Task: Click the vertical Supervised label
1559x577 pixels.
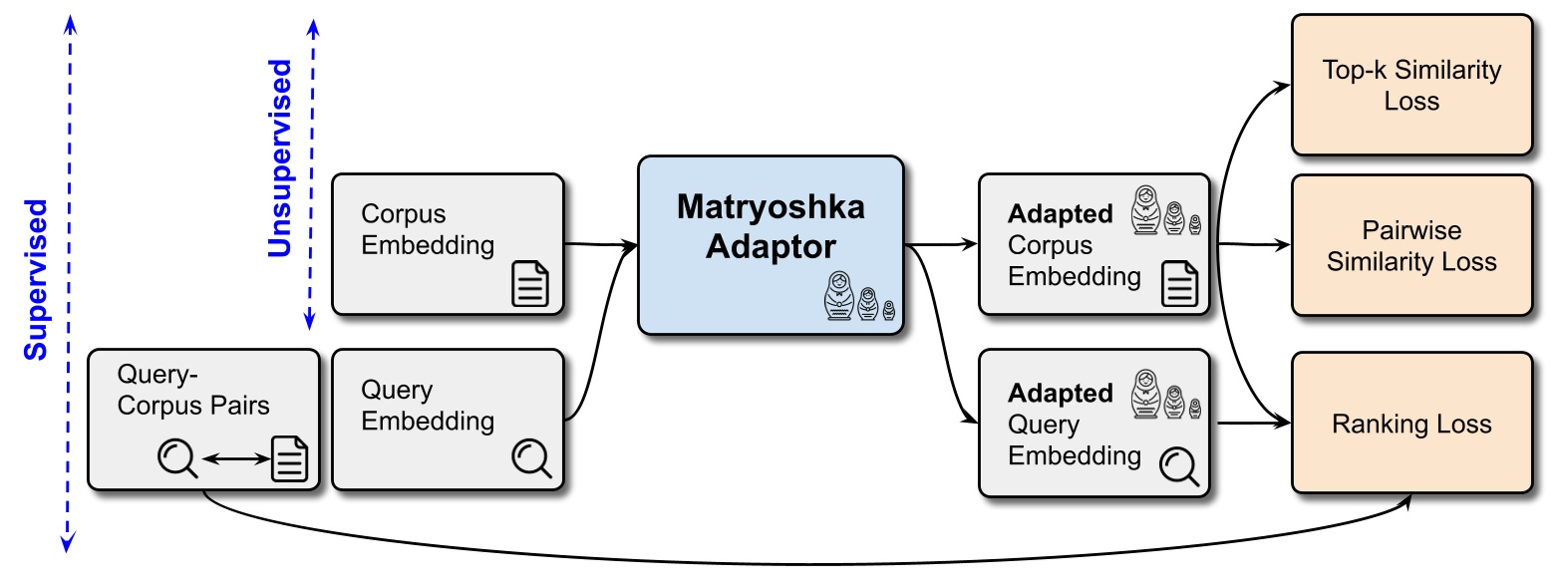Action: (x=37, y=280)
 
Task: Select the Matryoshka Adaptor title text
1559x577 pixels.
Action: (x=771, y=226)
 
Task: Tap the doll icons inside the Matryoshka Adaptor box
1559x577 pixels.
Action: (x=858, y=298)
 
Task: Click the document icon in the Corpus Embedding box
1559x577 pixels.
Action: (x=529, y=283)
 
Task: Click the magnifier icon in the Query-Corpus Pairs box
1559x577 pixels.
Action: (x=177, y=458)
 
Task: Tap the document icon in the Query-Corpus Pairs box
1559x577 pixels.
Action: (x=290, y=458)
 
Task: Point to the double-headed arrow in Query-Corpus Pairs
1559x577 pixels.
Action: (x=234, y=459)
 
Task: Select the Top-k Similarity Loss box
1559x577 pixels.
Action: (x=1410, y=86)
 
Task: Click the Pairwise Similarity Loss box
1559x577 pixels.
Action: (x=1410, y=246)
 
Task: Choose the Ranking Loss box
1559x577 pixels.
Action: (x=1410, y=424)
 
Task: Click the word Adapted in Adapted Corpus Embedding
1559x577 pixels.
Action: (x=1060, y=214)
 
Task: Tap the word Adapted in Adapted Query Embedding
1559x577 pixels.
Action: (x=1060, y=394)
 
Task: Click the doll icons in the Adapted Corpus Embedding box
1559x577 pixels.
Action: (x=1164, y=210)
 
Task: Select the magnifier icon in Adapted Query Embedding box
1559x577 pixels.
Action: (x=1178, y=465)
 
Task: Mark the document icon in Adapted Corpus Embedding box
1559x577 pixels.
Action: (x=1180, y=284)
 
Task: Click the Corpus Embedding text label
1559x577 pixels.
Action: (x=427, y=230)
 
